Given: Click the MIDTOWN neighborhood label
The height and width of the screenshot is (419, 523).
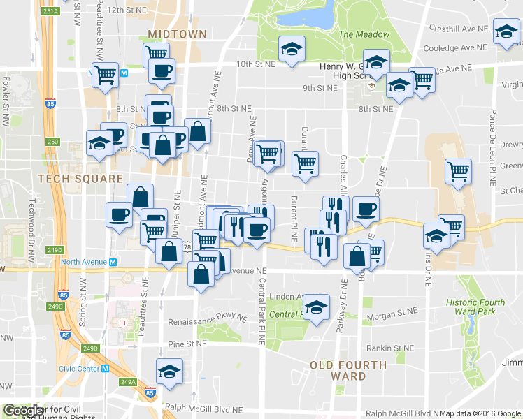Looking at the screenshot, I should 178,34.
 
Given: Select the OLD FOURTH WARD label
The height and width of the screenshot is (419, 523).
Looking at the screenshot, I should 348,370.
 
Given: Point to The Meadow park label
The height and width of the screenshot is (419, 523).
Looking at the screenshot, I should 364,34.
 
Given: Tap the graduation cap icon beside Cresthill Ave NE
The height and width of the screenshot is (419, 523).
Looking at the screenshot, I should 506,31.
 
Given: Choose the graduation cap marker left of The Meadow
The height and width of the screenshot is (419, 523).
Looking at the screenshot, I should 292,49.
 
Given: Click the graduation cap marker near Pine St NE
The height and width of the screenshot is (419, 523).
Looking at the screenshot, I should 169,372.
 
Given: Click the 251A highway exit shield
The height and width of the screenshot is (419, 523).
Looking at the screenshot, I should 50,11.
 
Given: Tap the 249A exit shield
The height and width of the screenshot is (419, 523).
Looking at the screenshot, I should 127,382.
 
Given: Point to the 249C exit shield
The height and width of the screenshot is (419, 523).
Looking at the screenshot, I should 55,307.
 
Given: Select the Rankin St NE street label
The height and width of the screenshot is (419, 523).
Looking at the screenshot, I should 392,348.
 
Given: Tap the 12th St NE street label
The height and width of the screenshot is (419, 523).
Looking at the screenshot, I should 126,10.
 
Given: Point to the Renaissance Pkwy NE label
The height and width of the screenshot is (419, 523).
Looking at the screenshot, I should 208,318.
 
